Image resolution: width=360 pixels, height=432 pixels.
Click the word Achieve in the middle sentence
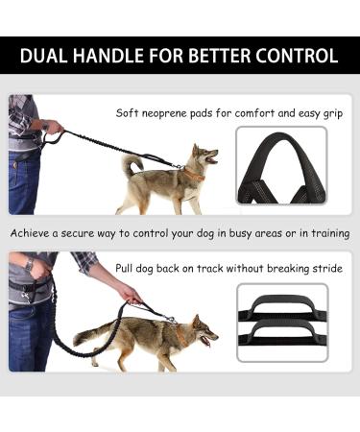tap(32, 233)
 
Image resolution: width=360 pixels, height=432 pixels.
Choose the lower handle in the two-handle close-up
tap(281, 341)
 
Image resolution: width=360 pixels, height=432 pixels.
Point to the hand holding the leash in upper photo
tap(55, 126)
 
